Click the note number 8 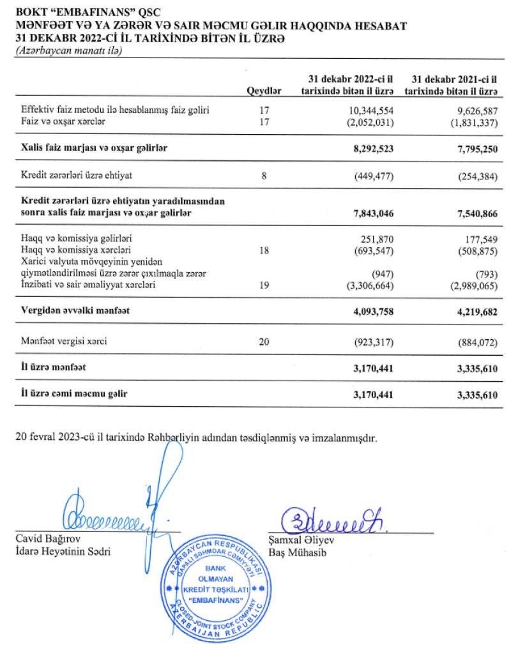tap(264, 176)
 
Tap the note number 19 tap(264, 285)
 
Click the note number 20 tap(264, 342)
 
